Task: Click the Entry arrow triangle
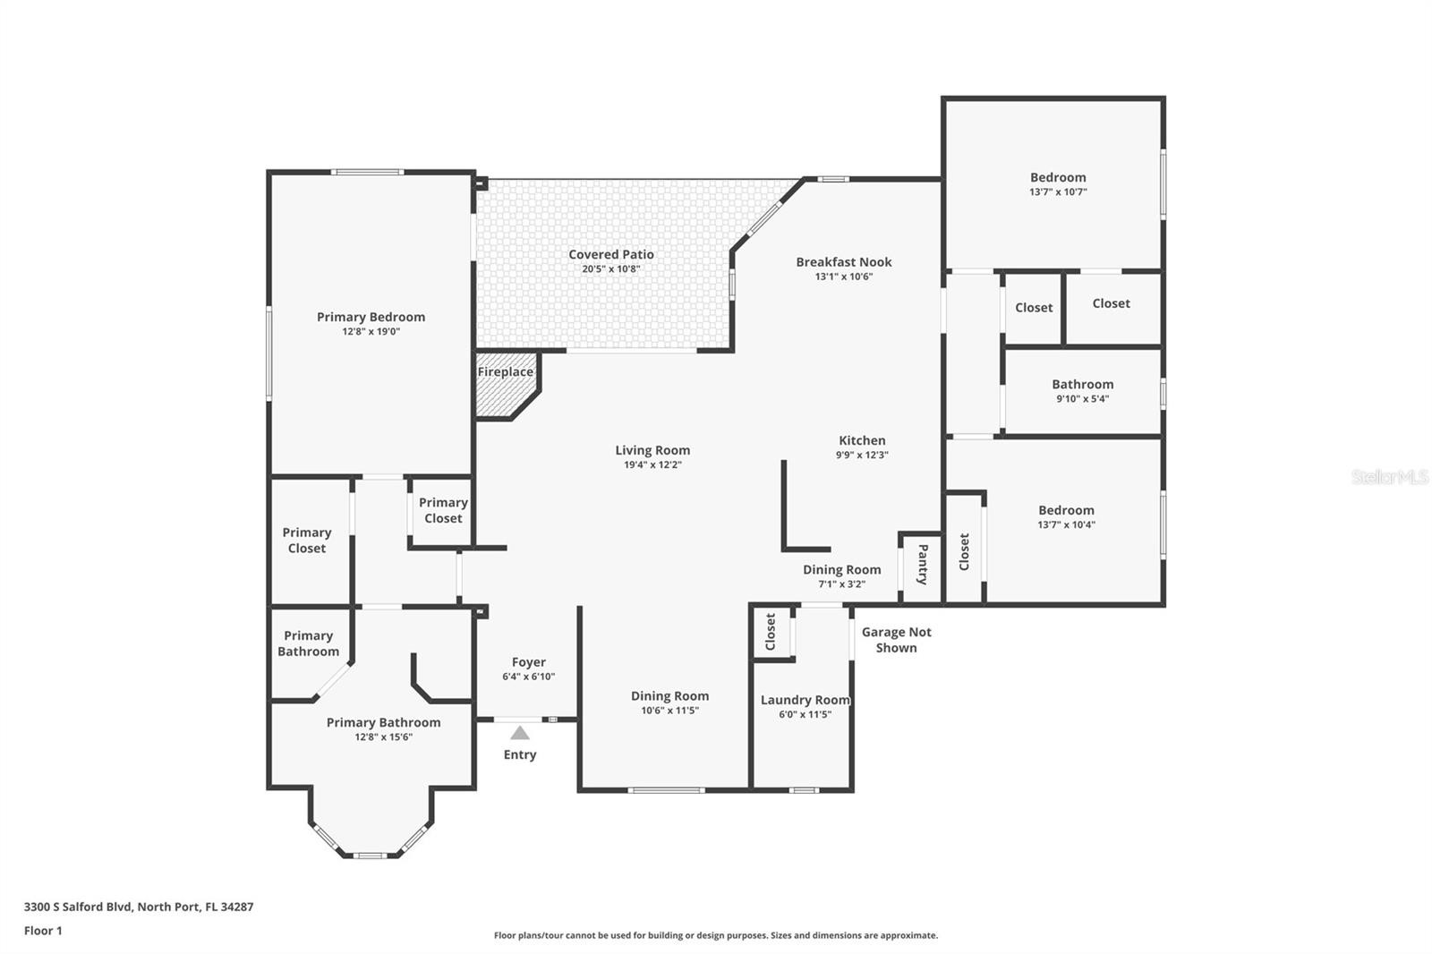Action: point(520,733)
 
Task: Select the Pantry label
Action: point(923,564)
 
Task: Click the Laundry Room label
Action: point(805,700)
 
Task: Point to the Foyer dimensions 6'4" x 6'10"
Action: point(529,677)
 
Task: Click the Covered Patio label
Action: point(611,254)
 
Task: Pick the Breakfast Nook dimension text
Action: point(844,277)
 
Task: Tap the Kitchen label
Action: point(863,440)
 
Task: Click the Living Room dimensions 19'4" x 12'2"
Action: point(652,464)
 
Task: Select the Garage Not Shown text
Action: point(896,639)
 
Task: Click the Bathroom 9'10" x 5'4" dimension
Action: point(1082,398)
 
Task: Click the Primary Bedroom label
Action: point(371,317)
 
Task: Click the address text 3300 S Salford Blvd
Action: point(78,907)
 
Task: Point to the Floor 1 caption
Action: point(44,931)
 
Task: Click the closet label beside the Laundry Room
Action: point(771,632)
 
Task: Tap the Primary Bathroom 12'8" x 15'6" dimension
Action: point(384,737)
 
